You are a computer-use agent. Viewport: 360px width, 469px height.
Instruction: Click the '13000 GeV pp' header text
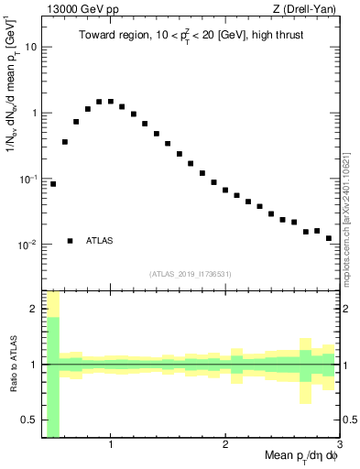73,10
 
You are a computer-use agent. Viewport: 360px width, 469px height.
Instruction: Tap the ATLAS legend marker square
71,241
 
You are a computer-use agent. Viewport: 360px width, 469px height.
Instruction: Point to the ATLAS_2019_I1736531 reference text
190,273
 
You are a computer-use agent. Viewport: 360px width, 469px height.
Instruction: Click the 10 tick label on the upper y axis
30,46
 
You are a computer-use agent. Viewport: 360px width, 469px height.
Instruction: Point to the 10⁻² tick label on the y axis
28,245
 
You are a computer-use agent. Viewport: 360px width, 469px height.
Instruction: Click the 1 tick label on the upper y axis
33,113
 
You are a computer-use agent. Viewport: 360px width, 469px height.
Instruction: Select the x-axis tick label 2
225,444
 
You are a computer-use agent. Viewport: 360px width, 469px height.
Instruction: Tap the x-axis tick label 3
339,444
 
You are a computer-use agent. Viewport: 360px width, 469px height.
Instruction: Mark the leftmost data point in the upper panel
53,184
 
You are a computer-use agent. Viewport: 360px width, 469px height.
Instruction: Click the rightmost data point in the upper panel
328,238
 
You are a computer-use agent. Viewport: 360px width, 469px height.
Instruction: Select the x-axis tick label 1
111,444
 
